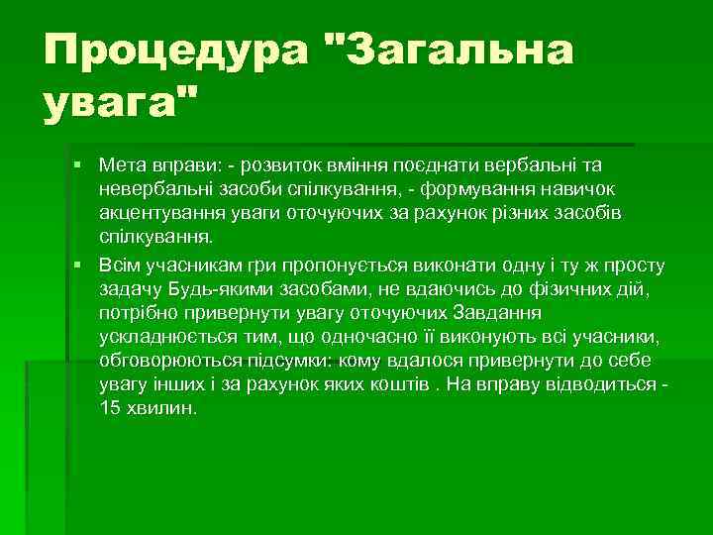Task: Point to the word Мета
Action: point(124,163)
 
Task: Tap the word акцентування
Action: point(157,213)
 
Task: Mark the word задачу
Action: point(131,288)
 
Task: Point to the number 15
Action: point(110,409)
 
